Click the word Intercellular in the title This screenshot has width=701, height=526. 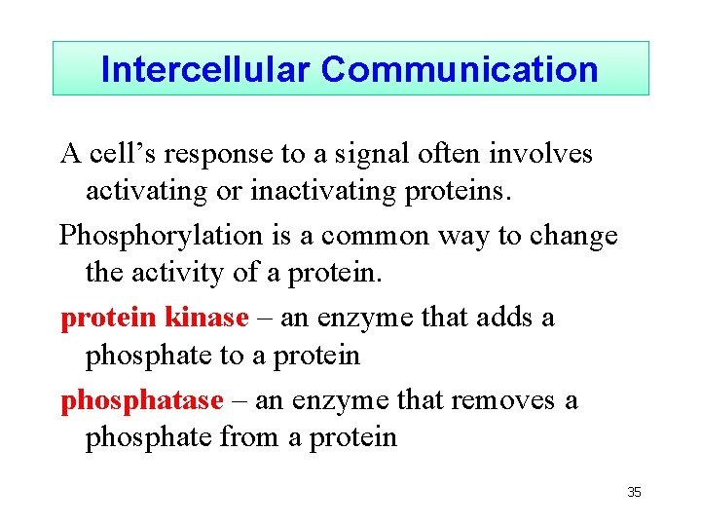(205, 69)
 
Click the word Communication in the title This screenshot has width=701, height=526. (460, 69)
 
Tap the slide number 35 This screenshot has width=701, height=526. (634, 493)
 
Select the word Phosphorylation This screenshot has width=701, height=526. (161, 237)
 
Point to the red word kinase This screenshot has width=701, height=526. (207, 318)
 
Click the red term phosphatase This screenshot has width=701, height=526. (142, 400)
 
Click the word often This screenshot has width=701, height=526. (461, 154)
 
